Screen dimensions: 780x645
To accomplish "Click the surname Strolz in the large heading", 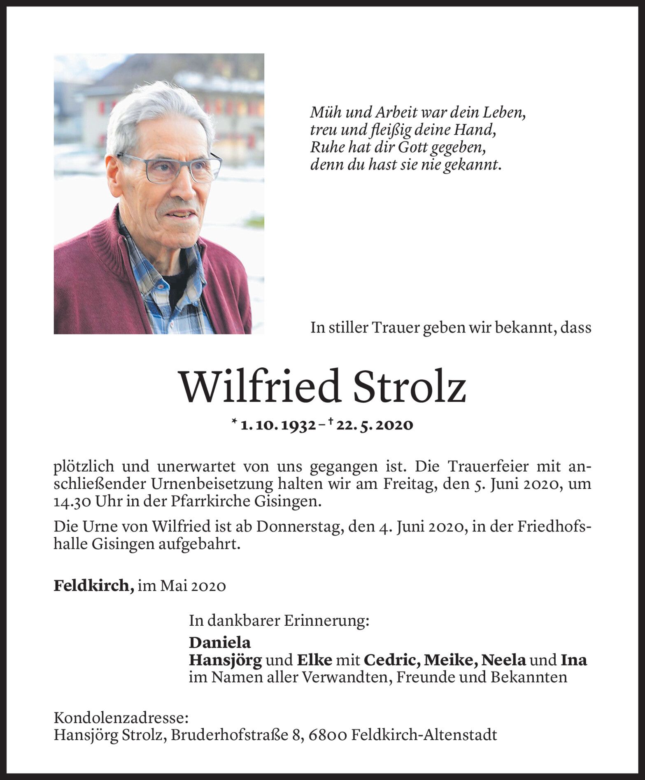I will (409, 387).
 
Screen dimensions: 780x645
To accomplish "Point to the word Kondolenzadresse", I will (121, 718).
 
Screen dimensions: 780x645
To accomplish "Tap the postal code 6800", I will (327, 734).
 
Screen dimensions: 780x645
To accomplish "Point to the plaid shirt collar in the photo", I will (148, 263).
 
